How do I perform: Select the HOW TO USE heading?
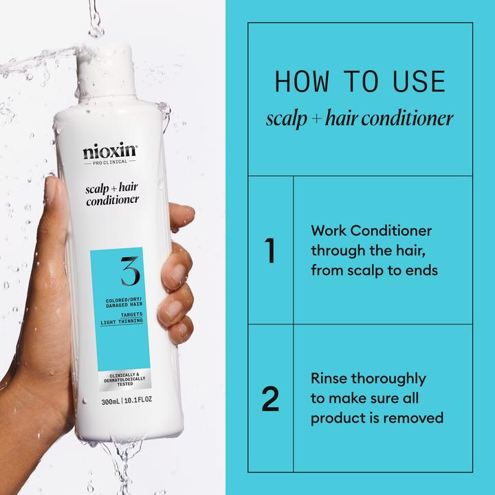pyautogui.click(x=360, y=82)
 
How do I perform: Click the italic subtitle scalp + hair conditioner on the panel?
pyautogui.click(x=360, y=119)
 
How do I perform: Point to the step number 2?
pyautogui.click(x=271, y=399)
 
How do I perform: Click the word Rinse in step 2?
pyautogui.click(x=329, y=379)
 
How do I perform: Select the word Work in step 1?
pyautogui.click(x=328, y=231)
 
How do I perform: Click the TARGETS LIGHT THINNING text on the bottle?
pyautogui.click(x=120, y=317)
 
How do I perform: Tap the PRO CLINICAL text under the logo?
pyautogui.click(x=110, y=163)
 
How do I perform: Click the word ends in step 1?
pyautogui.click(x=423, y=270)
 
